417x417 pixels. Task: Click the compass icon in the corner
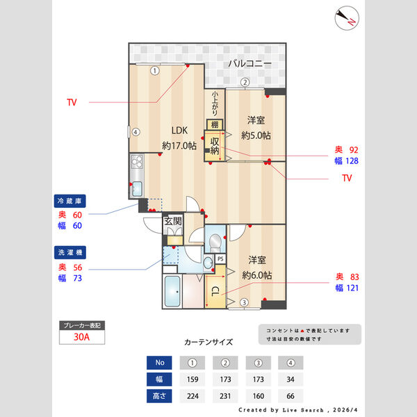pyautogui.click(x=346, y=18)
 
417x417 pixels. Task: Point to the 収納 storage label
pyautogui.click(x=215, y=146)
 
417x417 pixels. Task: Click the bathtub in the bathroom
pyautogui.click(x=172, y=293)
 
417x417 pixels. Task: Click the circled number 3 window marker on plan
pyautogui.click(x=244, y=302)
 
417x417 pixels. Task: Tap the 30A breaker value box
pyautogui.click(x=83, y=338)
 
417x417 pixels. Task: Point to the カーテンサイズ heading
pyautogui.click(x=208, y=343)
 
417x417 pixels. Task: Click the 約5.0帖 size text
pyautogui.click(x=256, y=134)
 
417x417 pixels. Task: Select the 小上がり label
pyautogui.click(x=215, y=104)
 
